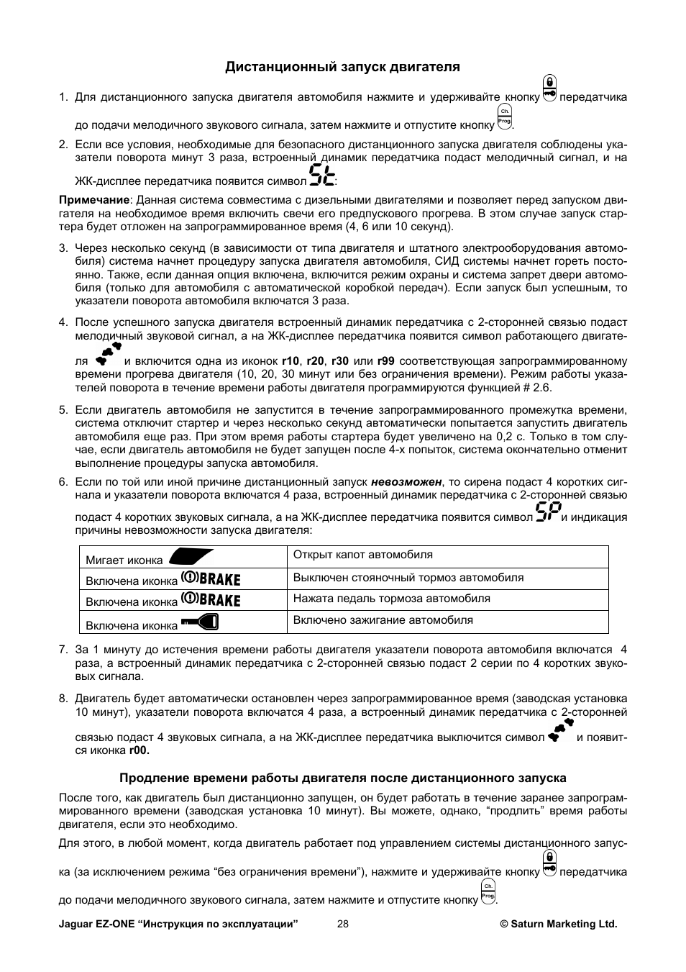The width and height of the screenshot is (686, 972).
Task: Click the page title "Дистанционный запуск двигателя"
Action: coord(342,67)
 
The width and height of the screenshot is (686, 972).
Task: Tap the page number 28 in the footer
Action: coord(342,924)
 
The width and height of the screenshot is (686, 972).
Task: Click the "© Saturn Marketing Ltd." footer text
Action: coord(559,924)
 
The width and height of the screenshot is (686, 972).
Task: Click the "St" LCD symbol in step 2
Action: coord(322,176)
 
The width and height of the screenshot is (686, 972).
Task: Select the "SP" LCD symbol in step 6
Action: coord(548,513)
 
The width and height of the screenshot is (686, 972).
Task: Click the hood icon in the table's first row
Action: coord(191,558)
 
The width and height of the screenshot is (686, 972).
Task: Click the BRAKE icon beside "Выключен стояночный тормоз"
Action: coord(210,578)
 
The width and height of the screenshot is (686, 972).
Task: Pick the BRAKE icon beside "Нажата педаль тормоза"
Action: coord(210,599)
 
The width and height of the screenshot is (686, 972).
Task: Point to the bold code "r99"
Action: coord(386,361)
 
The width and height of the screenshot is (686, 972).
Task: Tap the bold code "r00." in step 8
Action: coord(140,750)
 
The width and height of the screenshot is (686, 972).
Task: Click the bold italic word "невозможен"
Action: coord(406,482)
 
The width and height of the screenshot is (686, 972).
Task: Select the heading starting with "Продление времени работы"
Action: coord(342,778)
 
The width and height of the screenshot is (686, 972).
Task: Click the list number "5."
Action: coord(63,410)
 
